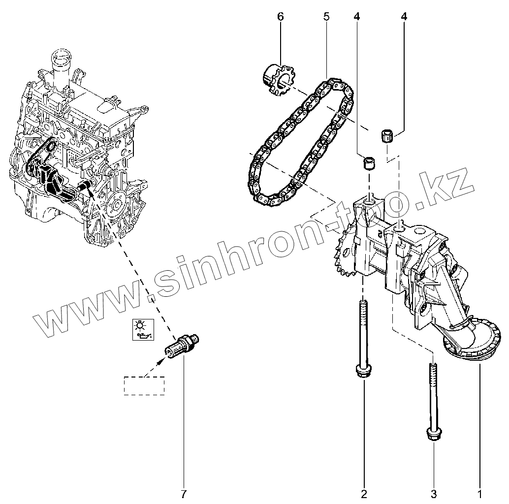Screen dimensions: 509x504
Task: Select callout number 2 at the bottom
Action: [364, 492]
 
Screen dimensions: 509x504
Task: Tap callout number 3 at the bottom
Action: [434, 492]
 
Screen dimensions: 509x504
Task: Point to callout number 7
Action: [184, 492]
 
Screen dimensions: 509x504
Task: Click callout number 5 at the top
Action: [326, 17]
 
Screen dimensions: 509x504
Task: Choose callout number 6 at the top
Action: [281, 17]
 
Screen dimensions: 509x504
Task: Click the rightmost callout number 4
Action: [404, 17]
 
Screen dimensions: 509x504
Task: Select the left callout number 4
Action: [356, 17]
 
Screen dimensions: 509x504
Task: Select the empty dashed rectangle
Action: [144, 385]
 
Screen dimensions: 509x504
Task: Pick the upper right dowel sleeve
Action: [387, 135]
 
